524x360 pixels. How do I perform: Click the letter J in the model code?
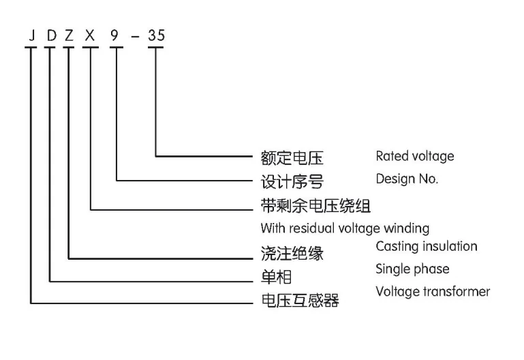tap(30, 35)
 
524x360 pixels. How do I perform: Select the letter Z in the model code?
tap(69, 35)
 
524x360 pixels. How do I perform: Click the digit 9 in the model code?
tap(117, 35)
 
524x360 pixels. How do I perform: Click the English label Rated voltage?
tap(414, 156)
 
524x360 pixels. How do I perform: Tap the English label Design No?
tap(407, 179)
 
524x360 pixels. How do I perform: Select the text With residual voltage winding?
tap(345, 228)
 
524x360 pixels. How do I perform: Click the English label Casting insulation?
tap(427, 246)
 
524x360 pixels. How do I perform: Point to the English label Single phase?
tap(412, 269)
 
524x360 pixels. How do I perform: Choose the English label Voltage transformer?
tap(433, 292)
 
